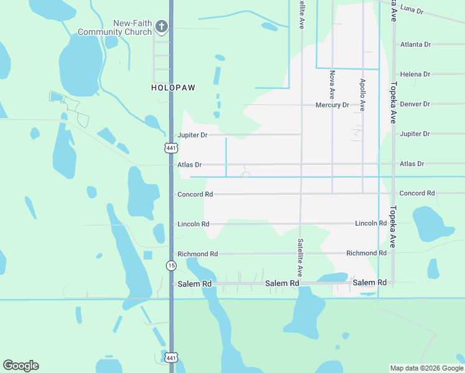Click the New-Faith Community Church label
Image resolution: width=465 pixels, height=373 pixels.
(x=115, y=28)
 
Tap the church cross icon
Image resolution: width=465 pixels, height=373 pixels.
(x=161, y=26)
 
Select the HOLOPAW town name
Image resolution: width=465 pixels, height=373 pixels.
(x=173, y=88)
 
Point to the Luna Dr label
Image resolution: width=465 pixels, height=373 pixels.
(x=412, y=11)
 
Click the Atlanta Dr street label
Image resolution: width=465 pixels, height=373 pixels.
(x=415, y=45)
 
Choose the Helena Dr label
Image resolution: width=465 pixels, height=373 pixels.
(x=415, y=75)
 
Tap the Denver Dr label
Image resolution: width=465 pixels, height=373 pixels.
(x=415, y=104)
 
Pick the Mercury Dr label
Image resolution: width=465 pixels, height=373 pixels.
(x=333, y=105)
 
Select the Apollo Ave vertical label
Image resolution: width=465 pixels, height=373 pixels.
(x=362, y=94)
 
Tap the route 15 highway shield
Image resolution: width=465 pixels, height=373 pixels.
(x=171, y=265)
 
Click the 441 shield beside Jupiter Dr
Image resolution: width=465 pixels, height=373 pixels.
(x=172, y=148)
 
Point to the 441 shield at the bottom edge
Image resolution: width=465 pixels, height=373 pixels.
(x=172, y=357)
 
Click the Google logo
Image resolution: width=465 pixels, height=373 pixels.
(x=21, y=366)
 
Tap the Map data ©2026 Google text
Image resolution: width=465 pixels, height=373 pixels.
(x=426, y=369)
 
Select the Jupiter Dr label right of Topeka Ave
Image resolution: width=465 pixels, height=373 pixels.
(x=415, y=134)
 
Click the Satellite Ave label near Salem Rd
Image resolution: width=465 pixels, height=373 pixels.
(x=300, y=257)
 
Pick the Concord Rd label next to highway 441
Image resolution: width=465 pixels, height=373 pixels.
(x=195, y=195)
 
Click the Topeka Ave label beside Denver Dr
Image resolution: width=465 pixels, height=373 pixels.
(x=393, y=103)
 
